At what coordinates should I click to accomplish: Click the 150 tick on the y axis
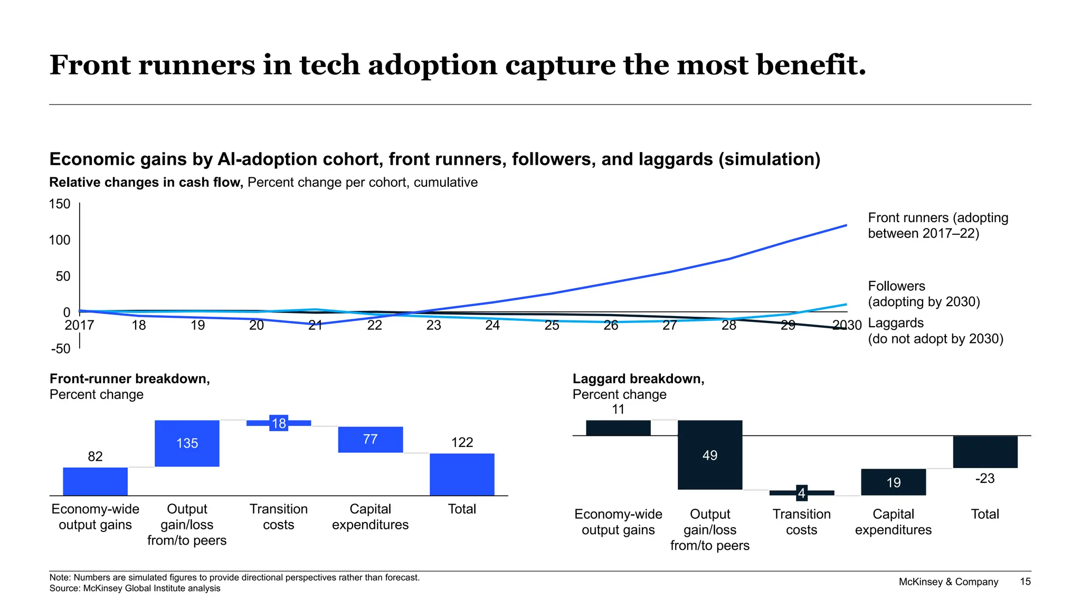[x=60, y=204]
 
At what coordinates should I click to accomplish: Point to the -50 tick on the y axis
[x=61, y=349]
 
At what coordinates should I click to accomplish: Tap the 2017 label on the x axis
[x=79, y=325]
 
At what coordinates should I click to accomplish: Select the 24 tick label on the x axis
[x=492, y=325]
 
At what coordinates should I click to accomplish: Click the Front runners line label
[x=937, y=225]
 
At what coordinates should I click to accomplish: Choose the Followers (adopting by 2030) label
[x=924, y=294]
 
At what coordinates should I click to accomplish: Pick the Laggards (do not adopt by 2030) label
[x=935, y=331]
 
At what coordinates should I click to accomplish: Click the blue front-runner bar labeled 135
[x=187, y=443]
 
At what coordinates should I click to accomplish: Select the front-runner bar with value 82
[x=96, y=481]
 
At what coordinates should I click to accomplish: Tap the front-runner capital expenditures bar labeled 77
[x=370, y=440]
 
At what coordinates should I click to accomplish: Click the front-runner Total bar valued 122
[x=462, y=474]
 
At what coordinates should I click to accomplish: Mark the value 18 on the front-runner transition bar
[x=279, y=423]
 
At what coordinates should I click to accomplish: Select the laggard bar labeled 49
[x=710, y=455]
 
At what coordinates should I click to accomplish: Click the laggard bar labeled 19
[x=893, y=482]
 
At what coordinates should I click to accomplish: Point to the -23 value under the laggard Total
[x=985, y=479]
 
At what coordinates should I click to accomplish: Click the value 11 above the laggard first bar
[x=618, y=410]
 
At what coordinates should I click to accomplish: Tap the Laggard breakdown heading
[x=638, y=379]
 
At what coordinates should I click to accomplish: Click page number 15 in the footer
[x=1025, y=582]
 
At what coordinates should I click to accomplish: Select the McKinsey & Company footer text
[x=949, y=582]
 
